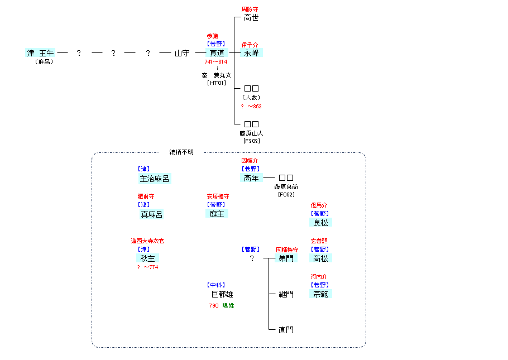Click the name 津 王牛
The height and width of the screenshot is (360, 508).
[x=41, y=53]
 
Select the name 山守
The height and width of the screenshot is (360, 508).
[x=182, y=53]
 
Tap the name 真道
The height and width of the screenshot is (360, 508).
[x=217, y=53]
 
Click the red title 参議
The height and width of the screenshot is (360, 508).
[x=212, y=36]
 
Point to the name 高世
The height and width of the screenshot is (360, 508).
[x=251, y=18]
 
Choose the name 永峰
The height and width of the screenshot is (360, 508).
[x=251, y=53]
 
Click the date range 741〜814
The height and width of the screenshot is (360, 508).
[x=216, y=62]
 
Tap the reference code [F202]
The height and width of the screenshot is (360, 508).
[x=251, y=141]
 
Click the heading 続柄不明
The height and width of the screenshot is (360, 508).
[x=182, y=152]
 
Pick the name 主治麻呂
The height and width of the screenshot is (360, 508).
[x=154, y=179]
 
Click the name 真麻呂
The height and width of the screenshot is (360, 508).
[x=151, y=214]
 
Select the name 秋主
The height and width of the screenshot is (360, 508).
[x=147, y=258]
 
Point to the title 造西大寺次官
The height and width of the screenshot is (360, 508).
[x=147, y=241]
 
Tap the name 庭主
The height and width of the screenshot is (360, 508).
[x=217, y=214]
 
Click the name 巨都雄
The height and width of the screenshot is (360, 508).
[x=222, y=294]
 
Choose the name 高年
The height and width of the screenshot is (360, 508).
[x=251, y=179]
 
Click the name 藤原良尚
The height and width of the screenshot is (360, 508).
[x=286, y=187]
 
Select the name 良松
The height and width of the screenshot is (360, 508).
[x=320, y=223]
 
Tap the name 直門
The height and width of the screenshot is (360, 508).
[x=286, y=330]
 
